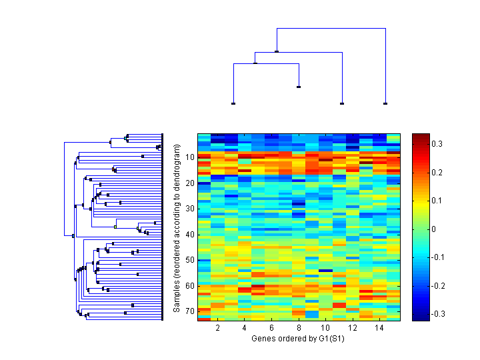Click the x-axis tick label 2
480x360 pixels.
pyautogui.click(x=218, y=329)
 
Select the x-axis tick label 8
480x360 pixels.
pyautogui.click(x=299, y=329)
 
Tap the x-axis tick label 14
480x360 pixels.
pyautogui.click(x=379, y=329)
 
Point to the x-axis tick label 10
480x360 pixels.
pyautogui.click(x=325, y=329)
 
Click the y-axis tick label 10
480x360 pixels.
pyautogui.click(x=189, y=157)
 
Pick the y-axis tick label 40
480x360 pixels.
pyautogui.click(x=189, y=234)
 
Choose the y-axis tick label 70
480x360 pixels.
pyautogui.click(x=189, y=311)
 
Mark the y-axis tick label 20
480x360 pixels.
pyautogui.click(x=189, y=183)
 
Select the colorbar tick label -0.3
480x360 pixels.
pyautogui.click(x=439, y=314)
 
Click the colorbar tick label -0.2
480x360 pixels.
pyautogui.click(x=439, y=285)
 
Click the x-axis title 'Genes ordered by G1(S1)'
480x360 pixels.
pyautogui.click(x=299, y=339)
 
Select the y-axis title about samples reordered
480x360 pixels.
pyautogui.click(x=177, y=227)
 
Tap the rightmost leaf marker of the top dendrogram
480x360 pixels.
pyautogui.click(x=385, y=103)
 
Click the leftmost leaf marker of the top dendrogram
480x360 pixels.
pyautogui.click(x=233, y=103)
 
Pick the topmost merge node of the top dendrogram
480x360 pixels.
pyautogui.click(x=277, y=51)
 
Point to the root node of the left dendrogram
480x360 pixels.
pyautogui.click(x=73, y=235)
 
